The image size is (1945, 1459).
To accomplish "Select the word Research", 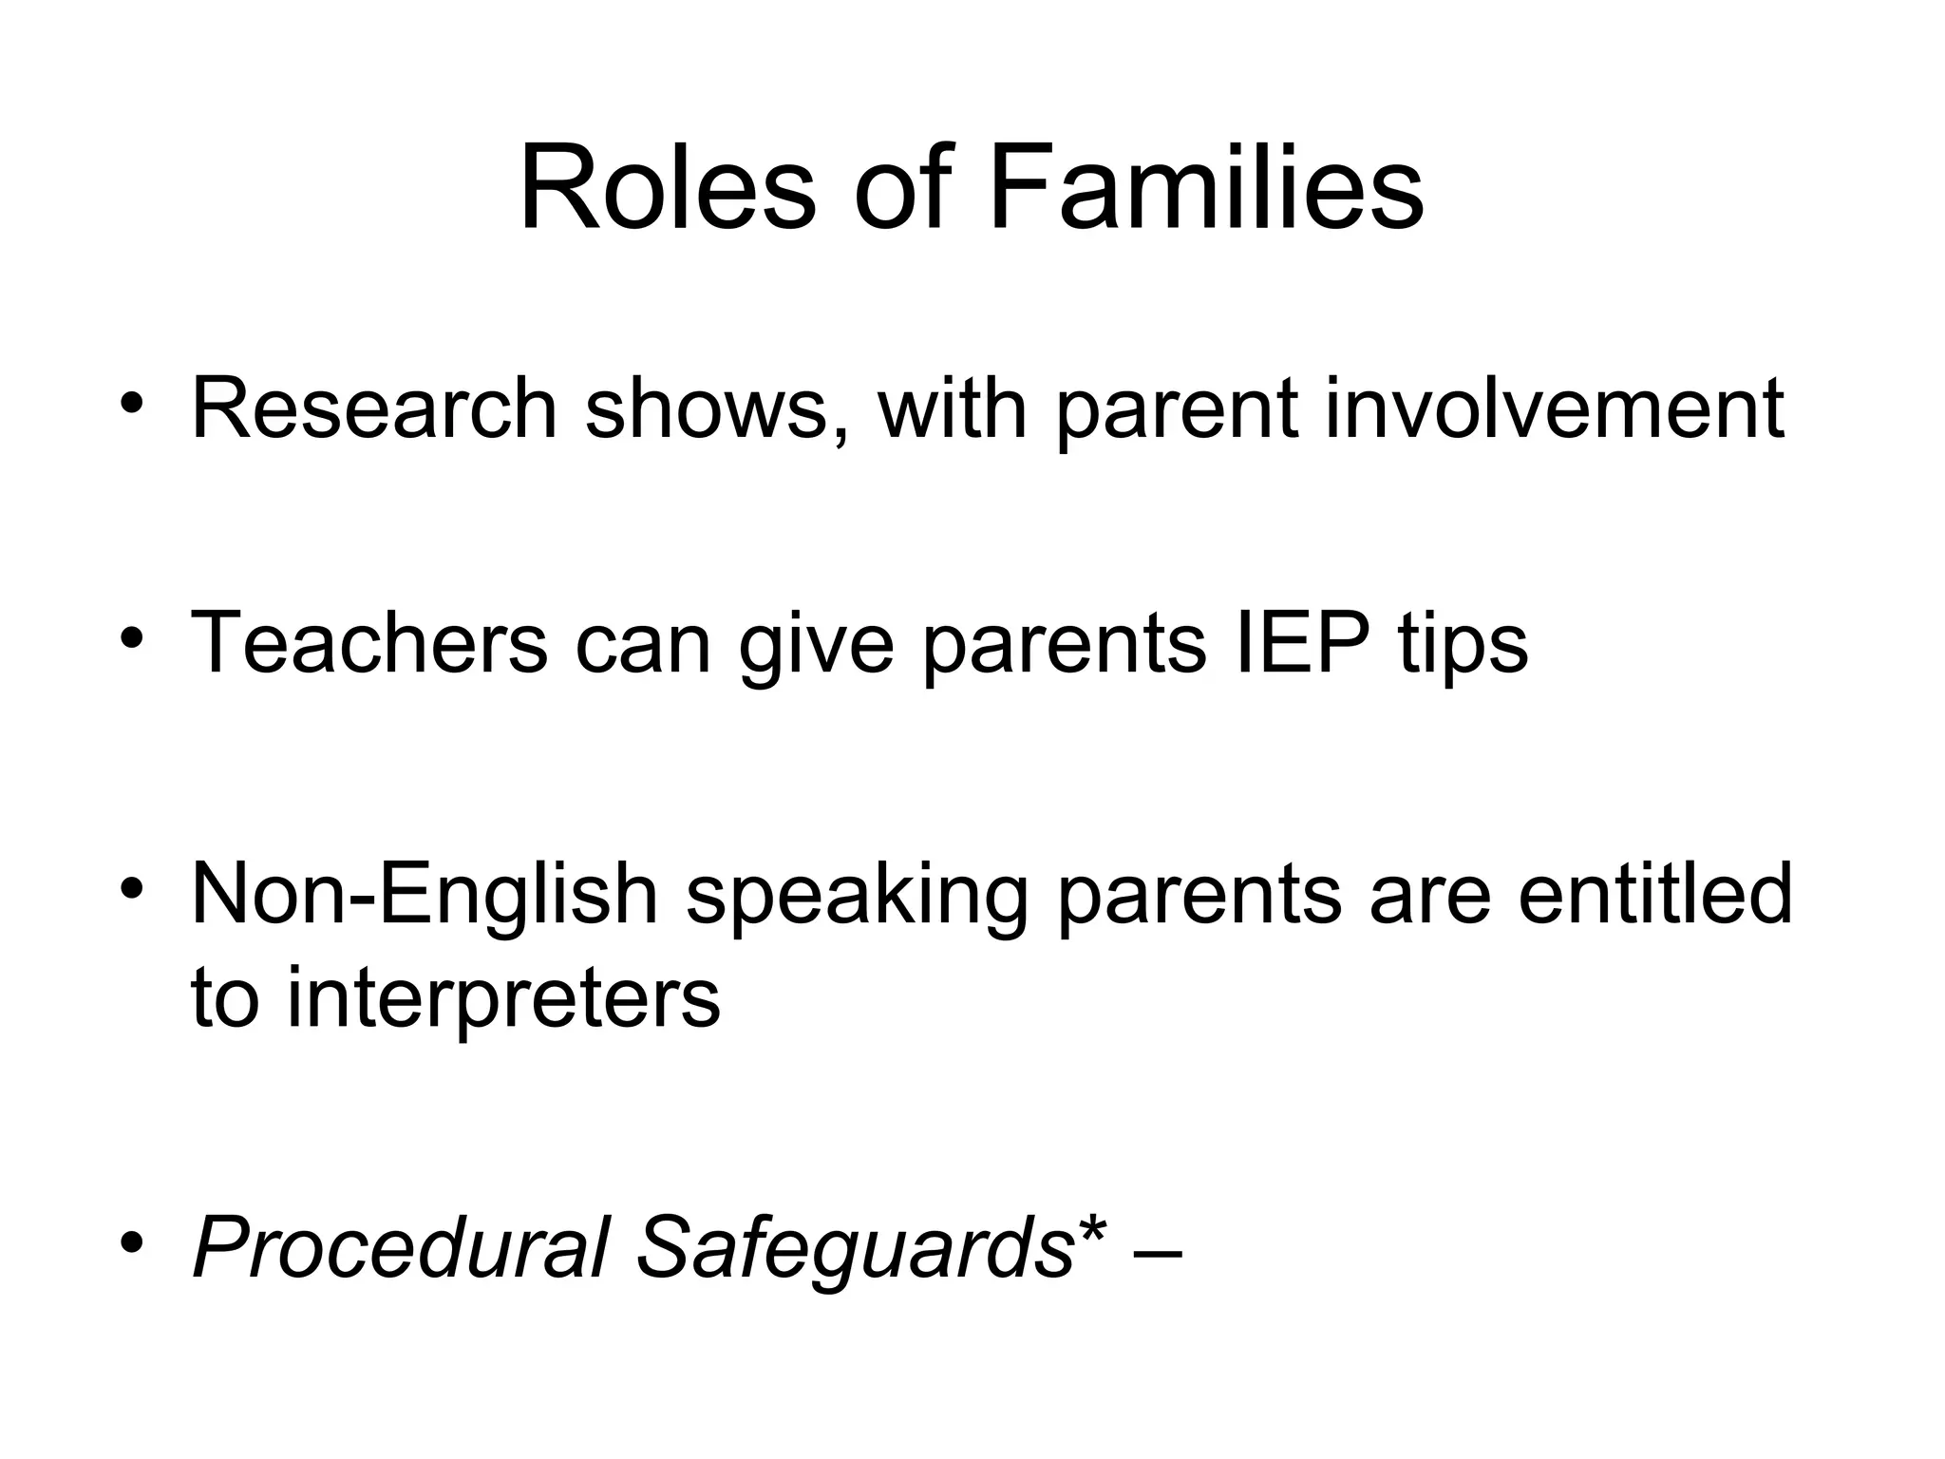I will coord(374,409).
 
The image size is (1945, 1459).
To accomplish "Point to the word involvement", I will coord(1554,409).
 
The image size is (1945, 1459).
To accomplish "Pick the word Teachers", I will coord(369,643).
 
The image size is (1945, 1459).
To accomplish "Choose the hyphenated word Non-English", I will coord(425,895).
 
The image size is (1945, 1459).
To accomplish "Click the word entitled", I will coord(1655,895).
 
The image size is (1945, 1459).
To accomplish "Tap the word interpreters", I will coord(503,999).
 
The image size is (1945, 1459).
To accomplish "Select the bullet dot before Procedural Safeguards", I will coord(132,1241).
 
